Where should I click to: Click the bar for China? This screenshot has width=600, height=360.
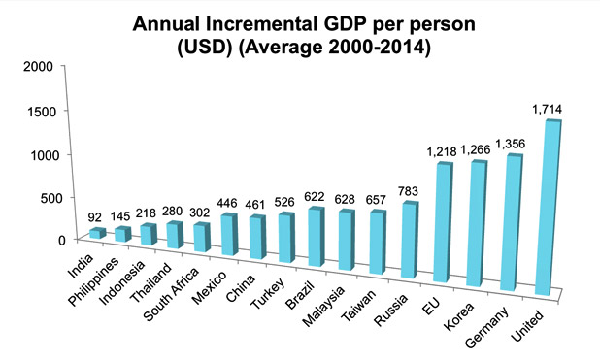[258, 238]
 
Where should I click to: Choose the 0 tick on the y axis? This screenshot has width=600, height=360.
[59, 239]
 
